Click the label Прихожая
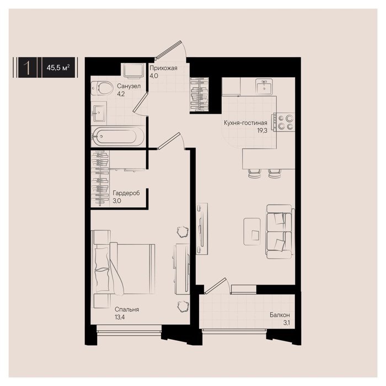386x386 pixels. (163, 68)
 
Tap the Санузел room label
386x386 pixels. (128, 86)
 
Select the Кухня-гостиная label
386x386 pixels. (245, 122)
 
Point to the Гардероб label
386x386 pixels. (126, 193)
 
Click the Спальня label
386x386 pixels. (127, 309)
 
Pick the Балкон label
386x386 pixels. (280, 315)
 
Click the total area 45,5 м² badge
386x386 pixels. (58, 67)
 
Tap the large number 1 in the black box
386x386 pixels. (28, 67)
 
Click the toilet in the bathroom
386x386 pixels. (101, 88)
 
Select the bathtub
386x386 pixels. (117, 136)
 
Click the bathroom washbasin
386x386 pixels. (100, 114)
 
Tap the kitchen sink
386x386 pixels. (264, 87)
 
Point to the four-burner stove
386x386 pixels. (286, 122)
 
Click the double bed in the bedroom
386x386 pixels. (123, 269)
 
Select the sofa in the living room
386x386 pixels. (280, 232)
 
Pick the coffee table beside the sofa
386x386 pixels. (252, 232)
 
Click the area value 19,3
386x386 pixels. (262, 131)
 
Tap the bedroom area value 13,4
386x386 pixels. (120, 317)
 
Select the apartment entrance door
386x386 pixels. (171, 50)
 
